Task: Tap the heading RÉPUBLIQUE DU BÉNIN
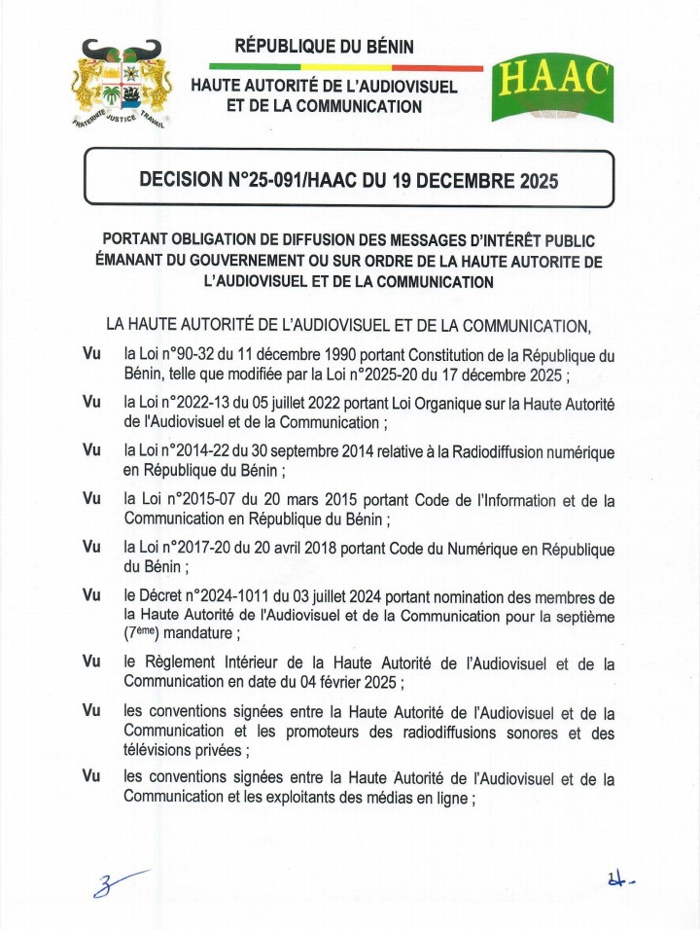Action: click(x=325, y=46)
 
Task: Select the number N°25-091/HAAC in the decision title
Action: click(x=275, y=179)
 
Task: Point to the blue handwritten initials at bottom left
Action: click(x=115, y=884)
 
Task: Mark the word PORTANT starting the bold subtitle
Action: click(x=138, y=239)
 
